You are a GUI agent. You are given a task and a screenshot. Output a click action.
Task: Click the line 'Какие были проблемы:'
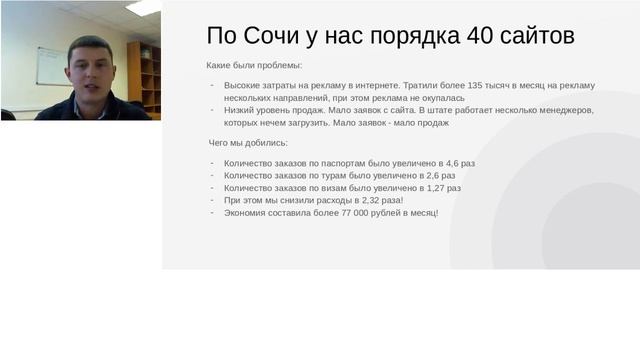[x=253, y=66]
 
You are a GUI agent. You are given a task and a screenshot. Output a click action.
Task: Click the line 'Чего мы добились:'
[x=247, y=143]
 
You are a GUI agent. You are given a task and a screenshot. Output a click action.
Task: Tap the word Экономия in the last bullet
[x=246, y=213]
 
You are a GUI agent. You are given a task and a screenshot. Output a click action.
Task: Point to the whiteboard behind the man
[x=50, y=64]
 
